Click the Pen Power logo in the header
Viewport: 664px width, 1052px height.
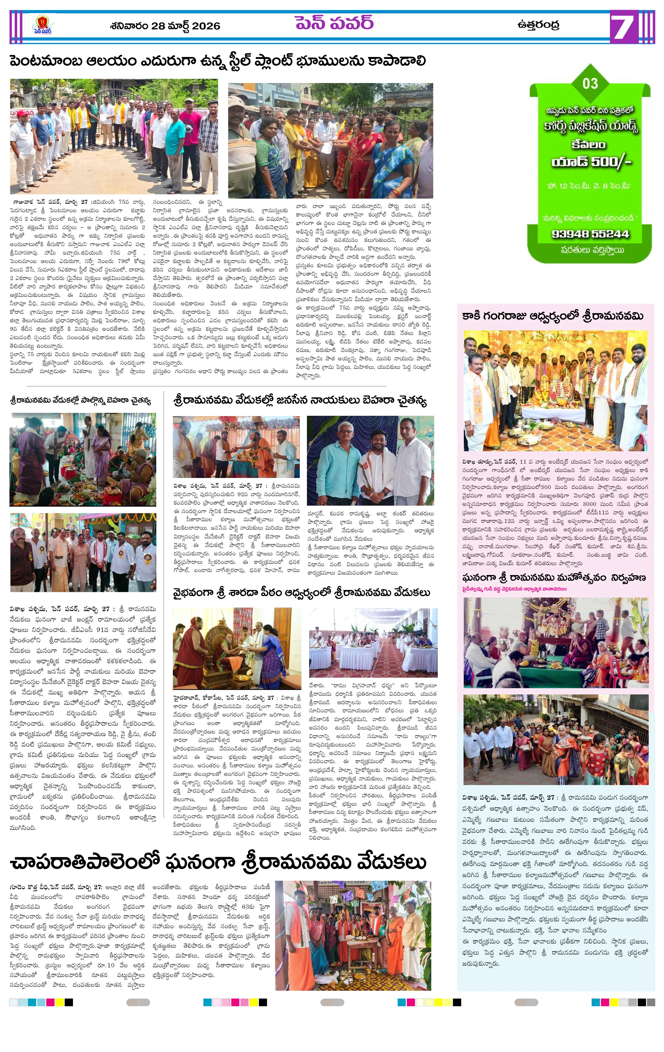pyautogui.click(x=42, y=25)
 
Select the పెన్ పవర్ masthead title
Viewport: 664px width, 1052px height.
pyautogui.click(x=334, y=23)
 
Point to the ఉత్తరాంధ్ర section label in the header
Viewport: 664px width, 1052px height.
pyautogui.click(x=538, y=25)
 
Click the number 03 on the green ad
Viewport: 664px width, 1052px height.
pyautogui.click(x=590, y=83)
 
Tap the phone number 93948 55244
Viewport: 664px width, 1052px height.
pyautogui.click(x=590, y=234)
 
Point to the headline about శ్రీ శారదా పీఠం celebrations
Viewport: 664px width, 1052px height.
pyautogui.click(x=301, y=593)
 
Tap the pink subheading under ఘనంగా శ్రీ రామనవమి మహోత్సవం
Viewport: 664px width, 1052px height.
pyautogui.click(x=514, y=589)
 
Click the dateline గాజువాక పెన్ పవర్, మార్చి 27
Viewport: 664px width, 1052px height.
pyautogui.click(x=50, y=202)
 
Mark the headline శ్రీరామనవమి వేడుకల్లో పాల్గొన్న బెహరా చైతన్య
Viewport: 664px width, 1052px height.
pyautogui.click(x=81, y=400)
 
